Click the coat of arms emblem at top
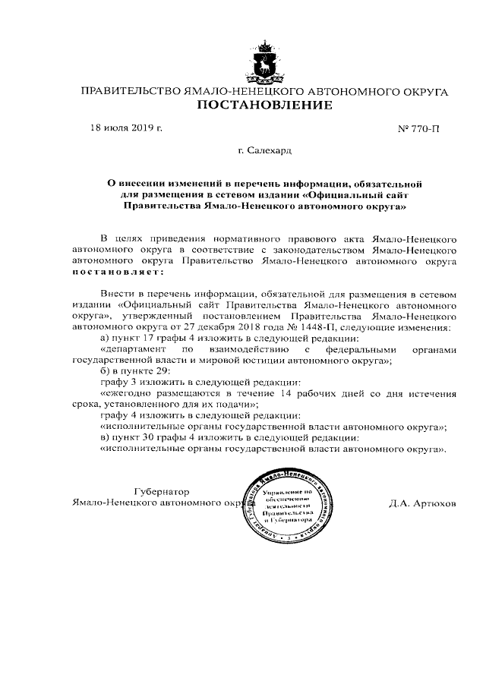pos(265,62)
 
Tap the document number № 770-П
pos(418,128)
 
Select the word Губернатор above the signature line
pos(162,491)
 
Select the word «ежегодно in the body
pos(126,394)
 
